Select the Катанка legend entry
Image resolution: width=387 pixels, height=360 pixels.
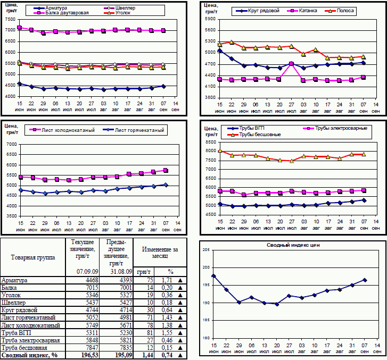[307, 11]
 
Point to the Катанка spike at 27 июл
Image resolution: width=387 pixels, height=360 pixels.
[291, 64]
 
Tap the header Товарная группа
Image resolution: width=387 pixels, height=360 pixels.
[32, 257]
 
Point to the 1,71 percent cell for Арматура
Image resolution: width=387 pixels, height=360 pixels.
[167, 280]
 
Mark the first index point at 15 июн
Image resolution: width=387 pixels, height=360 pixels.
[213, 276]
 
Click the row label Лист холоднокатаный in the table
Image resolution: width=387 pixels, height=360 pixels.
[31, 324]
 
